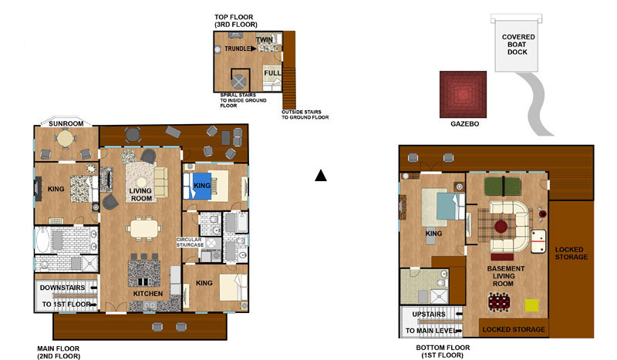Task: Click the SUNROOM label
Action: point(66,123)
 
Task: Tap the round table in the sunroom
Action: point(66,138)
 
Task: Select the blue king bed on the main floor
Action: point(197,186)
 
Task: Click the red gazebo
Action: point(464,94)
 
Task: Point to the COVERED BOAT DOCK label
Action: point(518,45)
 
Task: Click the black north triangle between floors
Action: point(321,176)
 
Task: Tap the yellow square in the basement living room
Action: point(531,305)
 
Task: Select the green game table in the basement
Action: point(503,186)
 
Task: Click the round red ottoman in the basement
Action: point(501,227)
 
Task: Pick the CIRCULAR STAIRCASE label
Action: point(190,242)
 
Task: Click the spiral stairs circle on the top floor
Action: point(238,82)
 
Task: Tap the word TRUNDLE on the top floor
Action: point(238,49)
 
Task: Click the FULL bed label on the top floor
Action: point(272,73)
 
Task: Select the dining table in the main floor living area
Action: point(143,229)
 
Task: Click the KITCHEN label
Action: point(147,294)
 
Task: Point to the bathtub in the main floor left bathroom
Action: point(42,240)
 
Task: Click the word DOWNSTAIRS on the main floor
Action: point(62,288)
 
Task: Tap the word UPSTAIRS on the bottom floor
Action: point(429,315)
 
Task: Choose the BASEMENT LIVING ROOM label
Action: point(505,276)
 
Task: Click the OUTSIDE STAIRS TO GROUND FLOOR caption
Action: point(305,115)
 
